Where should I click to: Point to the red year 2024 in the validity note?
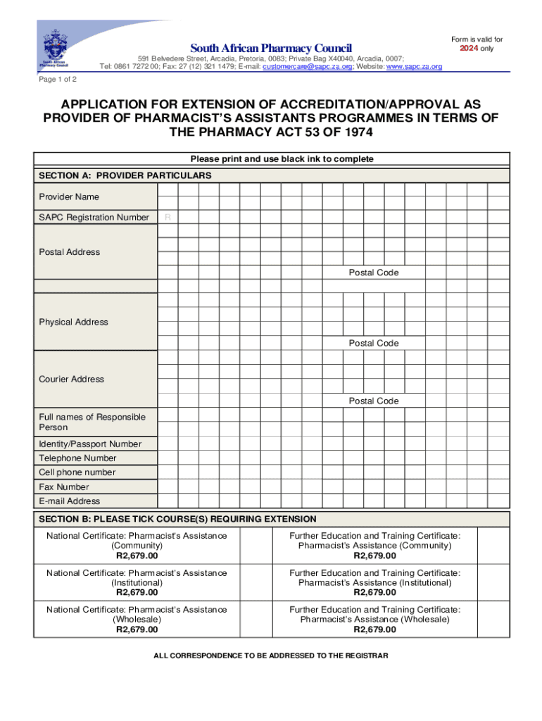coord(468,49)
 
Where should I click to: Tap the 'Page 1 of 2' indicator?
coord(58,79)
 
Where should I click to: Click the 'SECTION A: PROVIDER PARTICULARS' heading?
coord(125,175)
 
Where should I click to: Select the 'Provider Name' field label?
coord(69,196)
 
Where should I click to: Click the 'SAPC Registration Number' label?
coord(94,218)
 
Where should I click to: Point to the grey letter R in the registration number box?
coord(168,218)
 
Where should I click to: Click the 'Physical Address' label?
coord(73,322)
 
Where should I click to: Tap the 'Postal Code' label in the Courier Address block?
coord(373,401)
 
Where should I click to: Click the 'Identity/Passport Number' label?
coord(89,444)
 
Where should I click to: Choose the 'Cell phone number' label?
coord(77,472)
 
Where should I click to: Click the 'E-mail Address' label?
coord(69,501)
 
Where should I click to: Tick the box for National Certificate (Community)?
coord(254,546)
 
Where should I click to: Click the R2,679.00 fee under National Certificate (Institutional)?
coord(137,592)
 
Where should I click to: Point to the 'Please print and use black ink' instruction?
coord(277,159)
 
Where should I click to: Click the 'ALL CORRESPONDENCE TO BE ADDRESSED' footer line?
coord(271,656)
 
